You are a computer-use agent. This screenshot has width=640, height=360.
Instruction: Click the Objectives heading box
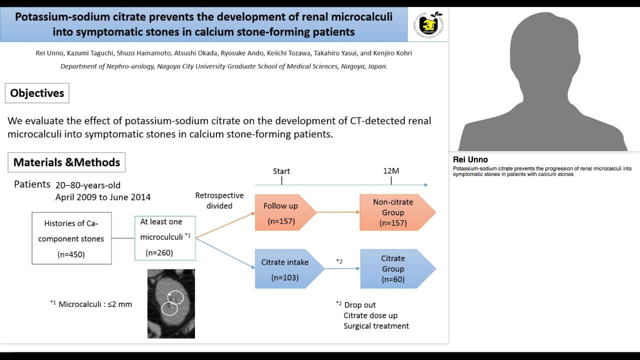[x=37, y=93]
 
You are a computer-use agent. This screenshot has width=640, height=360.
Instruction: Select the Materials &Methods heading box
[x=66, y=162]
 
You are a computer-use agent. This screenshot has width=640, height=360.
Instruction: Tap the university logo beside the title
[x=428, y=24]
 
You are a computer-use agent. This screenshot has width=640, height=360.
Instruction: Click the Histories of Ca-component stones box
[x=71, y=238]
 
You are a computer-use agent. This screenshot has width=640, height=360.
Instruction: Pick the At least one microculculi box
[x=165, y=237]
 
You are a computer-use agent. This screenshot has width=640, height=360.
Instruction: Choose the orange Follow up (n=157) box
[x=282, y=212]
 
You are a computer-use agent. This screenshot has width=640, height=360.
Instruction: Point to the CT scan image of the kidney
[x=171, y=303]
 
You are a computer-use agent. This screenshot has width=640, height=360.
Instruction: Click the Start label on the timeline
[x=281, y=171]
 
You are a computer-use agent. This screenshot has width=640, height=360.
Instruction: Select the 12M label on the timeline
[x=391, y=171]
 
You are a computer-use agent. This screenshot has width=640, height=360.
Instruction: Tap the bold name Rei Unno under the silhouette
[x=470, y=160]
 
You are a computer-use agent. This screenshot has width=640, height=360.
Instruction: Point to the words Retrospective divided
[x=219, y=200]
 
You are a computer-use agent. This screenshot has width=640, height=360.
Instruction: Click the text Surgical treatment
[x=376, y=326]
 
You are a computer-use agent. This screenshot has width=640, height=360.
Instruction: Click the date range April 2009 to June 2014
[x=103, y=197]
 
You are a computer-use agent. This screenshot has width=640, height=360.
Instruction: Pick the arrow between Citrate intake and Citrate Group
[x=342, y=268]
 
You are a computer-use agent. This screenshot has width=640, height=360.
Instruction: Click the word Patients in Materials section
[x=32, y=184]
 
